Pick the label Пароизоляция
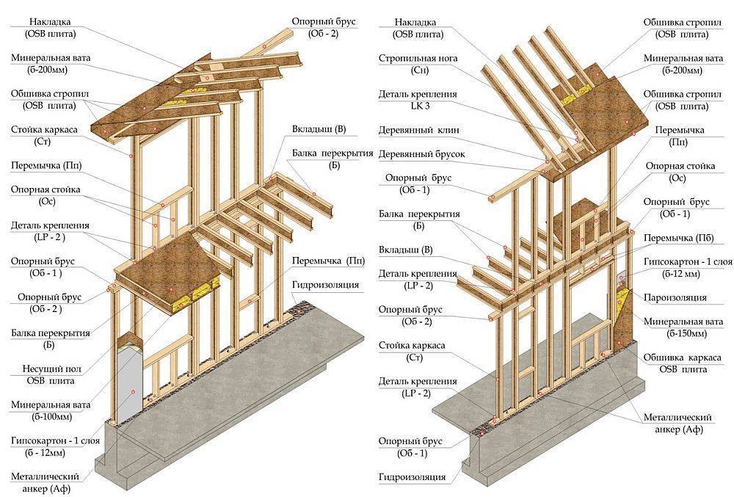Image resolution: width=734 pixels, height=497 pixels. pyautogui.click(x=675, y=297)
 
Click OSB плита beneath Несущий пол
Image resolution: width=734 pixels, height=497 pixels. pyautogui.click(x=46, y=380)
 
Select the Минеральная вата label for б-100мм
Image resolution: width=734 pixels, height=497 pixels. pyautogui.click(x=46, y=404)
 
